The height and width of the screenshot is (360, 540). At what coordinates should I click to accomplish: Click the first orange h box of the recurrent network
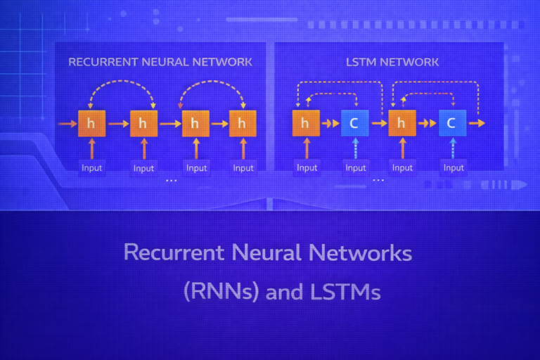tap(91, 123)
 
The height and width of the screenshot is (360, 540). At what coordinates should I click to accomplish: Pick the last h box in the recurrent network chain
tap(243, 123)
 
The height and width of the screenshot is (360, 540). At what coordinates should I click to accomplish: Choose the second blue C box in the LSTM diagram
tap(452, 123)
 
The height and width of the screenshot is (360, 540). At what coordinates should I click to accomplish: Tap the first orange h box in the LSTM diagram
tap(305, 123)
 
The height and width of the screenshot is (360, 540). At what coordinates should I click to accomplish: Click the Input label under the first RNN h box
tap(91, 167)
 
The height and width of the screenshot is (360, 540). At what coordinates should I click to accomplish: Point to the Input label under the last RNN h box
tap(243, 167)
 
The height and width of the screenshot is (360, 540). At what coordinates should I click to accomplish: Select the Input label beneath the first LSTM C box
tap(356, 167)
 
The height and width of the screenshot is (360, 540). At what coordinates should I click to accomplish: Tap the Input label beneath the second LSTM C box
tap(454, 167)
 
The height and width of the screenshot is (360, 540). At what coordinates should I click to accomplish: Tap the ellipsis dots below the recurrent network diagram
tap(170, 181)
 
